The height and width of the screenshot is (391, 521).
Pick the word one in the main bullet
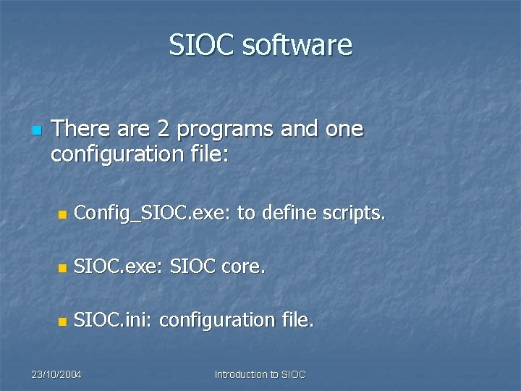344,130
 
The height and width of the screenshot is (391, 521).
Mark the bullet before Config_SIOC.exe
62,215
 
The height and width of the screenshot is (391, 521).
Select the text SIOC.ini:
114,319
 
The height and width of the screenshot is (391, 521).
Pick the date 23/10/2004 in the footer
56,374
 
